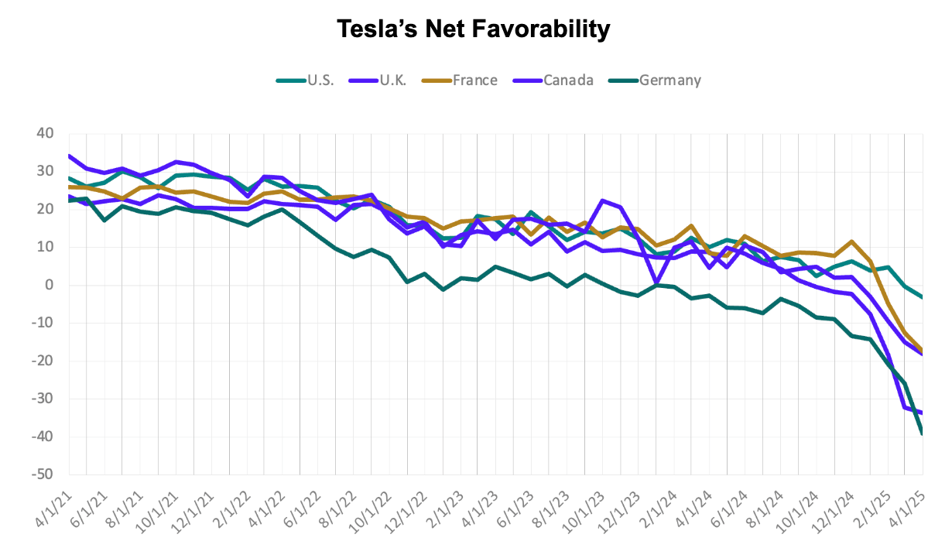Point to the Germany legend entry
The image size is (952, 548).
pyautogui.click(x=669, y=80)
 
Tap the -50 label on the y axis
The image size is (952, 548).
pyautogui.click(x=42, y=474)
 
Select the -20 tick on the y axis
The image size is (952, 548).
pyautogui.click(x=42, y=361)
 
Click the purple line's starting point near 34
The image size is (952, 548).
pyautogui.click(x=69, y=156)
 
